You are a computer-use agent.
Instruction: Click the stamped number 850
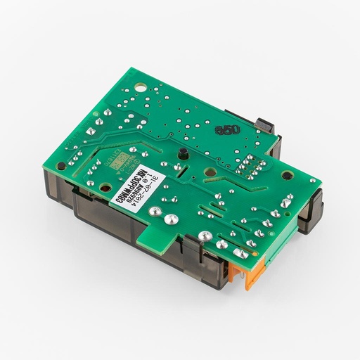(x=228, y=131)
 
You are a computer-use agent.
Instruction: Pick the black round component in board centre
(x=181, y=153)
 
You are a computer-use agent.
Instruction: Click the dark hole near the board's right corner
(x=309, y=181)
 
